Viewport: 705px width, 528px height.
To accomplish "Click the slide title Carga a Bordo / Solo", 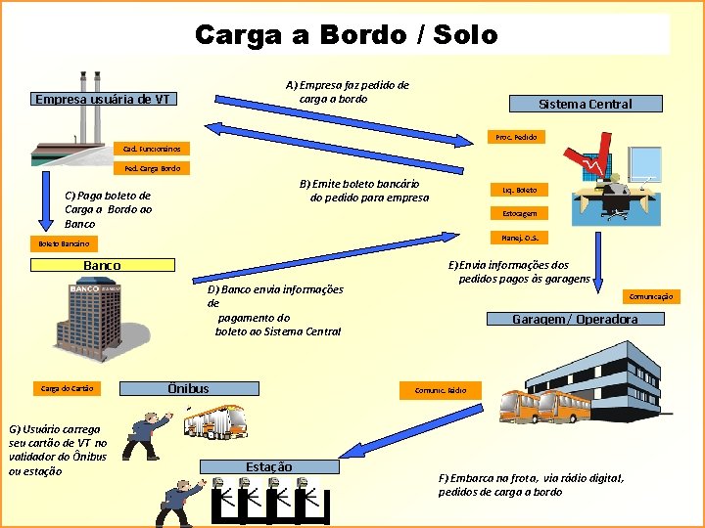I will click(347, 35).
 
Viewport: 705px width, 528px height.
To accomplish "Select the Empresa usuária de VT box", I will click(103, 99).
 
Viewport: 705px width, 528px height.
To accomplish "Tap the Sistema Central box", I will click(585, 104).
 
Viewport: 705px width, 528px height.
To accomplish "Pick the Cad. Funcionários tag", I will click(153, 149).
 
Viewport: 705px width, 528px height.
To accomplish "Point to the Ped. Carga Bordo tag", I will click(153, 168).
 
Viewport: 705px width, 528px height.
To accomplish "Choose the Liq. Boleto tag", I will click(519, 189).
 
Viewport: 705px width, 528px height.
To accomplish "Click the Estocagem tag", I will click(519, 213).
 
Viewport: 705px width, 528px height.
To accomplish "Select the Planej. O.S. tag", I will click(519, 237).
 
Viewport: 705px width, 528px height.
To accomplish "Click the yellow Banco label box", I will click(103, 265).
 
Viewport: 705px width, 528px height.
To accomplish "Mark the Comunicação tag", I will click(650, 295).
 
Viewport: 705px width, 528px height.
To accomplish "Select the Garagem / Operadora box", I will click(575, 319).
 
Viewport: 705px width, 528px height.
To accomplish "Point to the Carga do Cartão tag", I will click(68, 388).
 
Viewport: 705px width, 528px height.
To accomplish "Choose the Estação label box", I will click(268, 466).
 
